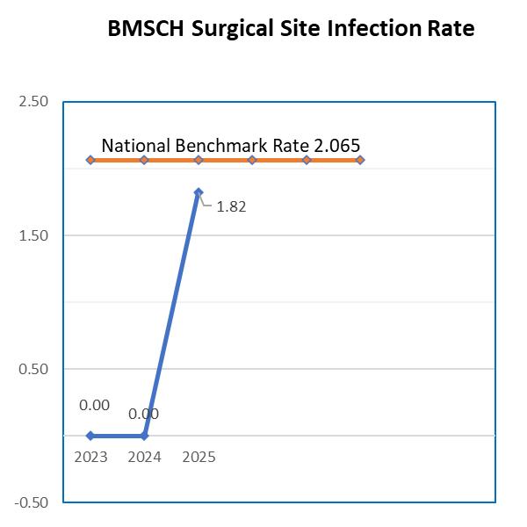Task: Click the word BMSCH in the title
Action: coord(146,29)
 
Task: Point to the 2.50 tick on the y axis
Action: coord(33,102)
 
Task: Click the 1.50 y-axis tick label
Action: coord(33,235)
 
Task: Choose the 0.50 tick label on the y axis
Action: coord(33,369)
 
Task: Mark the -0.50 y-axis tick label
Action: coord(31,502)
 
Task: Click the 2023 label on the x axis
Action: coord(90,457)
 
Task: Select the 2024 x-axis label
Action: coord(144,457)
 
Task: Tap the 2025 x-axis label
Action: coord(199,457)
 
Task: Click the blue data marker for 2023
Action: coord(90,436)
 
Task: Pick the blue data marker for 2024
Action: coord(144,436)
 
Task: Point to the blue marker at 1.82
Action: coord(199,192)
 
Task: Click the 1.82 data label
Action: coord(231,208)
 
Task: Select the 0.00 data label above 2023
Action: coord(94,406)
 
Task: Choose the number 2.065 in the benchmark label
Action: coord(337,146)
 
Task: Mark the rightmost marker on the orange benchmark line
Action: coord(360,160)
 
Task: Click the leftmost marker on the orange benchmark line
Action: coord(90,160)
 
